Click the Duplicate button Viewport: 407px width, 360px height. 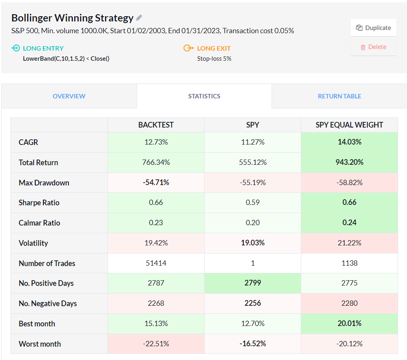(x=373, y=28)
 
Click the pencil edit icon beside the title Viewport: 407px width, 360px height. (x=139, y=18)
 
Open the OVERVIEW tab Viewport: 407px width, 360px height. (x=69, y=96)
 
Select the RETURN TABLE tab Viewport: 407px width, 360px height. (x=339, y=96)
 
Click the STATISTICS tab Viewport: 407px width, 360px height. (x=204, y=96)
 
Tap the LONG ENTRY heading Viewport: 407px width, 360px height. (x=43, y=48)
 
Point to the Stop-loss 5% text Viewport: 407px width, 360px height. (x=214, y=58)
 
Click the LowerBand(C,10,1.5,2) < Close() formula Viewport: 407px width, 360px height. (x=66, y=58)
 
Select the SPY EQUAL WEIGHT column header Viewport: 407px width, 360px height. (x=349, y=125)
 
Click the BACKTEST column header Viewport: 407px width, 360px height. (x=156, y=125)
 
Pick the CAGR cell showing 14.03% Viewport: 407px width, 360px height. (x=349, y=142)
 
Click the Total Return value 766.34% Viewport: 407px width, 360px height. (x=156, y=162)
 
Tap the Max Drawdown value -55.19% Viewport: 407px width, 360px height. (x=253, y=183)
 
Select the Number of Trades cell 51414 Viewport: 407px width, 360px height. (x=156, y=263)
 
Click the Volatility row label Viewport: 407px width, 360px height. (x=33, y=243)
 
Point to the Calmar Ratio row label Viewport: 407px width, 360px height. (x=39, y=223)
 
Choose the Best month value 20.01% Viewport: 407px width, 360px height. (x=349, y=324)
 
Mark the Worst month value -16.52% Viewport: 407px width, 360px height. (x=253, y=344)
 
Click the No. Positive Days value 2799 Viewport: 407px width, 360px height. (x=253, y=283)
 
